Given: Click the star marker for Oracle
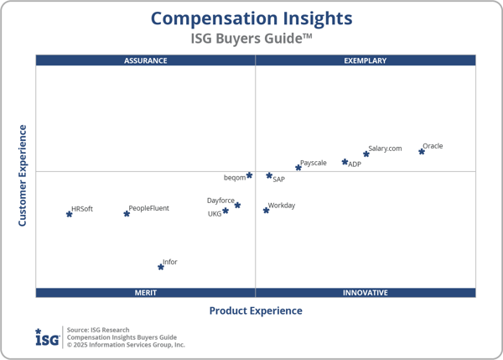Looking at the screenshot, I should [422, 152].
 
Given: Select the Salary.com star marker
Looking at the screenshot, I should [366, 154].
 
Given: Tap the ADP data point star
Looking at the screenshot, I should [345, 162].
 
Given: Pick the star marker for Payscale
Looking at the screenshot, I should [298, 168].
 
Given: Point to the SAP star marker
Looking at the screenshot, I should [269, 175].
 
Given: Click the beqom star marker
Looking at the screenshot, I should [250, 175].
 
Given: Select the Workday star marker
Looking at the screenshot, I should [267, 210].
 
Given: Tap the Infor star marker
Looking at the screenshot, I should [161, 267].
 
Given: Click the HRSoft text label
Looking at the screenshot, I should [82, 208].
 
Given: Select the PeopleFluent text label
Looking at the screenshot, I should [149, 208].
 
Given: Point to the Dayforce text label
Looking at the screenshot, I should [220, 201].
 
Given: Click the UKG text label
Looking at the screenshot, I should [215, 214].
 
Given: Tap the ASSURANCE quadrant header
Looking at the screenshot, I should [146, 60].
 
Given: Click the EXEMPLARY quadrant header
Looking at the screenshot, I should [366, 60].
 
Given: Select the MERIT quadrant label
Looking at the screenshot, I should [146, 293].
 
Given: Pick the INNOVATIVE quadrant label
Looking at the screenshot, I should [366, 293].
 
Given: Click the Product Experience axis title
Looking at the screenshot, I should [256, 310].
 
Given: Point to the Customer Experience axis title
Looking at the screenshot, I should [23, 175].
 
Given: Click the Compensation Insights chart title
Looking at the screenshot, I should [251, 18].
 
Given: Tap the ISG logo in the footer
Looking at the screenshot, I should [47, 337].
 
